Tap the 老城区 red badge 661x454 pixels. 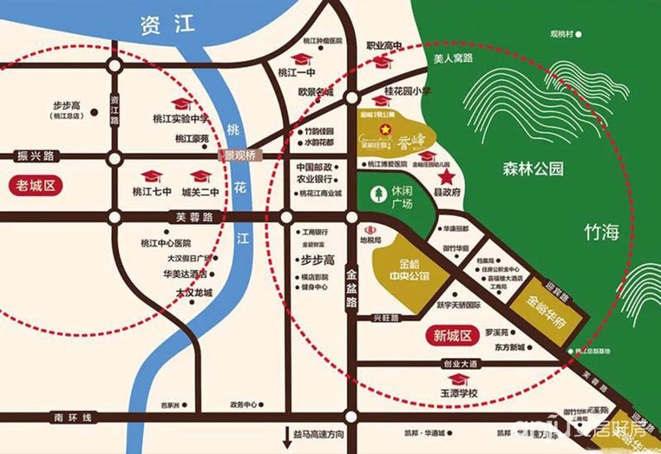(x=36, y=185)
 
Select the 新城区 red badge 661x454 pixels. (x=455, y=336)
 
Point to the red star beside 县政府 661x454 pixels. (x=447, y=177)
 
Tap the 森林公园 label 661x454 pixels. (x=532, y=169)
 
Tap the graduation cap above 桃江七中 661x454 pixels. (x=153, y=176)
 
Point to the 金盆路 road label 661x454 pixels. (x=351, y=286)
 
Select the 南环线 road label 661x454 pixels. (x=75, y=417)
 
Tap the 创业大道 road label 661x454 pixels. (x=461, y=363)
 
